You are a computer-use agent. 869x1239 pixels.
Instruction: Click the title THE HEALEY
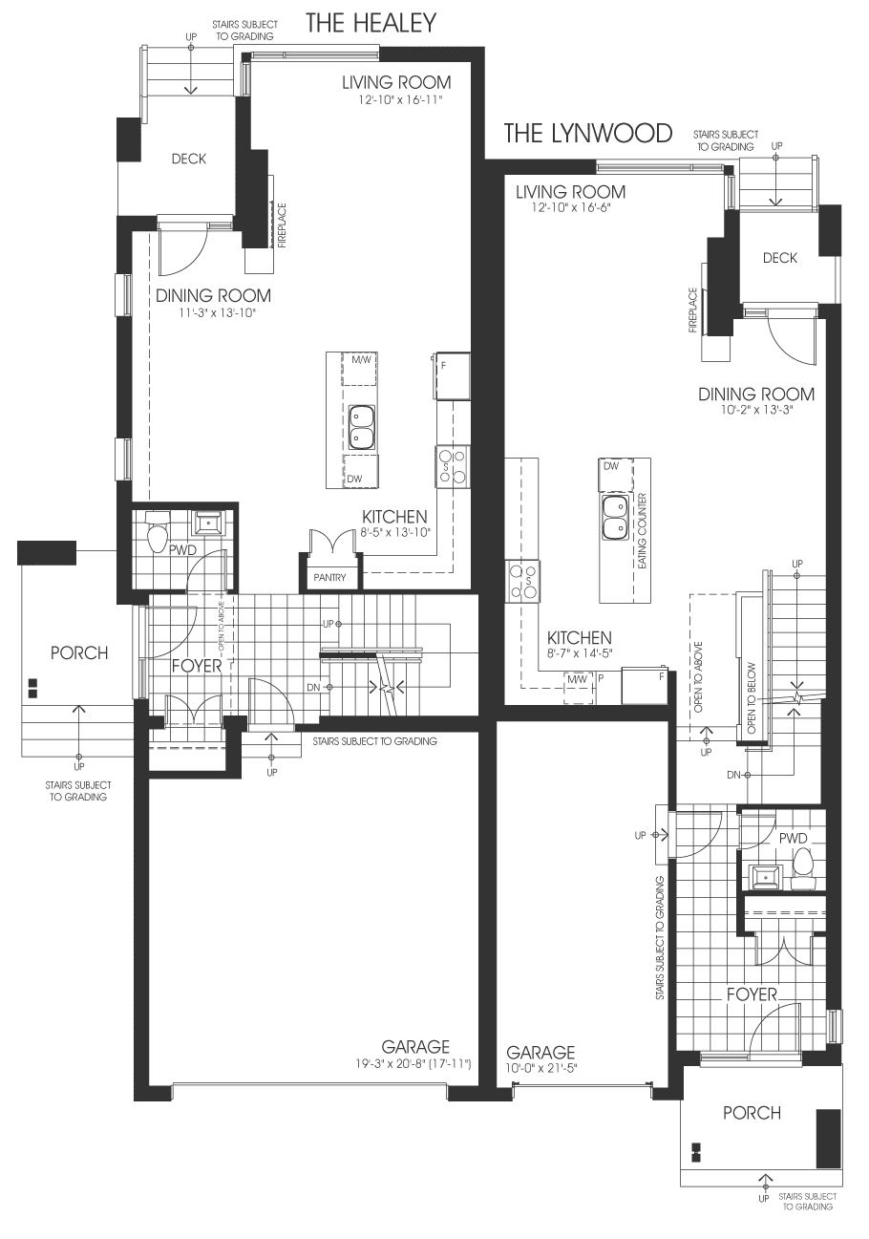click(371, 23)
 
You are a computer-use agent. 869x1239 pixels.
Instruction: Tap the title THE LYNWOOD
click(587, 134)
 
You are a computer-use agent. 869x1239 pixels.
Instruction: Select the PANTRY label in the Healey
click(329, 577)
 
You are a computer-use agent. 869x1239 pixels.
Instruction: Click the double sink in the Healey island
click(362, 427)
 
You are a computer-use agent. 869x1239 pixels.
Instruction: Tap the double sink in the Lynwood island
click(615, 519)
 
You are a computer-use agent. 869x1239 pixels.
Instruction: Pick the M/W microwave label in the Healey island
click(361, 360)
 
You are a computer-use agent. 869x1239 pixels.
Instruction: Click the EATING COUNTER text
click(642, 531)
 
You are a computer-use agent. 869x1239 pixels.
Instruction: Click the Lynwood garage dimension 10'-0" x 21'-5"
click(540, 1068)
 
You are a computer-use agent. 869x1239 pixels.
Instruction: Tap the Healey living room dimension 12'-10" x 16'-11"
click(400, 99)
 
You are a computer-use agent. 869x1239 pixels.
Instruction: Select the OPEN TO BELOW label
click(752, 698)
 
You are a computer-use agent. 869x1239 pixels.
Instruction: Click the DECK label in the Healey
click(188, 159)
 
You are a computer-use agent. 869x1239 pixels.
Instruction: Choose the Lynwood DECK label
click(779, 258)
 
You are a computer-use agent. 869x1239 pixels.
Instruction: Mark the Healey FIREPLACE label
click(282, 225)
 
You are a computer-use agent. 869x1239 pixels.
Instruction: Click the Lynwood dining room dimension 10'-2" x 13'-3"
click(756, 410)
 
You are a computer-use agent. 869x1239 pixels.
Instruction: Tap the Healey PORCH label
click(79, 652)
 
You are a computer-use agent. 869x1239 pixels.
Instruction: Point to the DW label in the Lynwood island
click(611, 466)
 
